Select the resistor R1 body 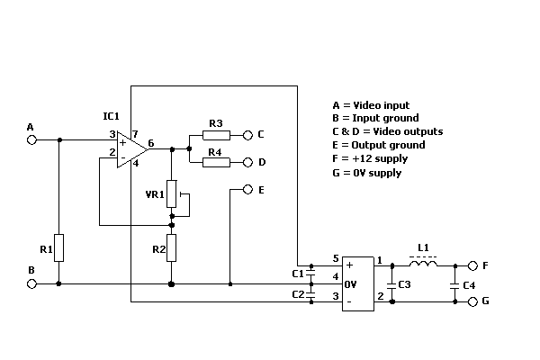click(58, 247)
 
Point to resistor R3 click(215, 135)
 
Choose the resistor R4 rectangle click(215, 163)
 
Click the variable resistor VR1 click(172, 195)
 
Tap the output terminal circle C click(247, 135)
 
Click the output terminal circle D click(247, 163)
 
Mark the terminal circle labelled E click(247, 191)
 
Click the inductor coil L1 click(423, 265)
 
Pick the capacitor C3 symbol click(391, 283)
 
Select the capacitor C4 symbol click(455, 284)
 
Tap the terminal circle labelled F click(471, 266)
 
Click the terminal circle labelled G click(471, 301)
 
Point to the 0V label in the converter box click(352, 283)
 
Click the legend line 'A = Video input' click(370, 105)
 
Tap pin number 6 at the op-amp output click(151, 143)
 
